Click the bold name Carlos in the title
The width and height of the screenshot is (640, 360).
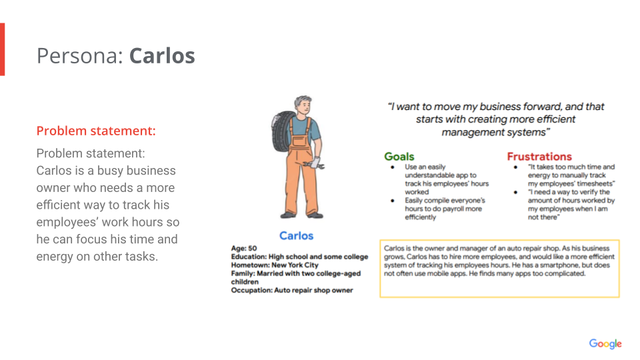(162, 55)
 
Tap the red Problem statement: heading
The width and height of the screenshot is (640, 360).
(96, 131)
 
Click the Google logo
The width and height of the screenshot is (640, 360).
(605, 344)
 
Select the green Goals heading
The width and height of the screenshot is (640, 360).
(399, 156)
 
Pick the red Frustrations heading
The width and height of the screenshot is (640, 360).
(539, 156)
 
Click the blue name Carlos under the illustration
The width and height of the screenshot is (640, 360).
(296, 235)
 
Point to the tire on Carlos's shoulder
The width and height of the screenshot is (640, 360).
(283, 131)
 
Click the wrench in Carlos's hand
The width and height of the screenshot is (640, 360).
(314, 165)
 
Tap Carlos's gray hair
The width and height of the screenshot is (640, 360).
(302, 101)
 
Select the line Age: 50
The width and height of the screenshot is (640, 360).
(244, 248)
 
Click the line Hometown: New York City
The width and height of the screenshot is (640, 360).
(275, 265)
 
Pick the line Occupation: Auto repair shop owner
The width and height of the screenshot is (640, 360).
(292, 290)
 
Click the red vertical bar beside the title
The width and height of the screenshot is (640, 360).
(3, 49)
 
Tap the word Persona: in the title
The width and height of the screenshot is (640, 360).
(79, 55)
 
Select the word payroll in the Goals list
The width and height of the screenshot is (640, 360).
(453, 209)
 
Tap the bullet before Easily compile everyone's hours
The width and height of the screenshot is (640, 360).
(393, 201)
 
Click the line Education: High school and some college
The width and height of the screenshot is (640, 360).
(299, 257)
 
